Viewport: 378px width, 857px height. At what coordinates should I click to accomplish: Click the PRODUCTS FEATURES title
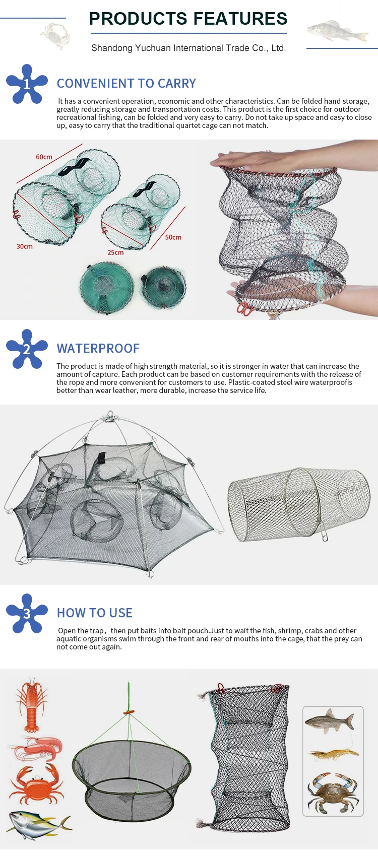[188, 19]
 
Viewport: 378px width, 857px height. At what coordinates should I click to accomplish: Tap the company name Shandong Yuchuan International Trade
[188, 48]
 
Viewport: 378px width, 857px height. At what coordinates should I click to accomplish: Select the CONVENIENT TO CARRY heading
[126, 84]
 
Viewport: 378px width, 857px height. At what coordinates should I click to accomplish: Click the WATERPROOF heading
[98, 349]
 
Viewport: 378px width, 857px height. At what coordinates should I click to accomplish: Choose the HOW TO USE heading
[94, 613]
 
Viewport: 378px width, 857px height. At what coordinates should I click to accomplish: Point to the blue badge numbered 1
[27, 84]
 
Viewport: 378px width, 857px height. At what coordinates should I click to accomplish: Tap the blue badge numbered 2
[27, 349]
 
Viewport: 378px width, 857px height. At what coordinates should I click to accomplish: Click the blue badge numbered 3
[27, 613]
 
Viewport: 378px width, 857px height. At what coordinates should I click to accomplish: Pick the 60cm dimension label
[44, 157]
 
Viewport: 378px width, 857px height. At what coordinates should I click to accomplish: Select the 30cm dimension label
[24, 246]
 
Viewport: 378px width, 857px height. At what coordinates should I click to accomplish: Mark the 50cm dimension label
[173, 237]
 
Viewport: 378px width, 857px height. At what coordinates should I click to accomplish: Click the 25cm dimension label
[115, 252]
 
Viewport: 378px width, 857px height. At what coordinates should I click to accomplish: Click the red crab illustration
[35, 785]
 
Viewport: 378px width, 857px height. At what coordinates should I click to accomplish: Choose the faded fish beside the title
[336, 31]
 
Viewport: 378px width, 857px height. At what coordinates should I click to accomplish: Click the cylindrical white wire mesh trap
[298, 504]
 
